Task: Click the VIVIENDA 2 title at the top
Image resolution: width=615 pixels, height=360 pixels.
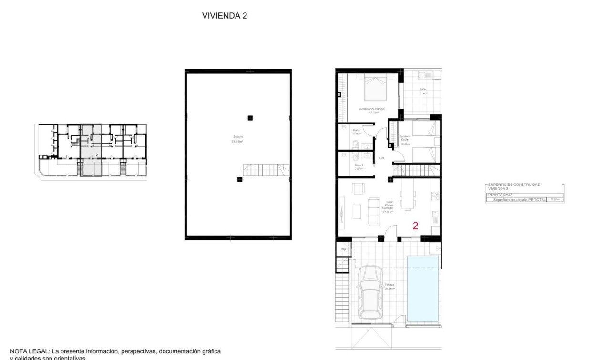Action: point(225,16)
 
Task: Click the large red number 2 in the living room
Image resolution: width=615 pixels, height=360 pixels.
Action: point(415,226)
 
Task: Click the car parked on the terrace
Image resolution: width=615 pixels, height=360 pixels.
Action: point(370,292)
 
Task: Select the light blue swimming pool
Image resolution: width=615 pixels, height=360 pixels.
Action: point(422,288)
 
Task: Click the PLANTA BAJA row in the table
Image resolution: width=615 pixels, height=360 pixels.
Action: point(499,195)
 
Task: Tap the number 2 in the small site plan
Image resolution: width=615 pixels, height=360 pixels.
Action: point(97,155)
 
